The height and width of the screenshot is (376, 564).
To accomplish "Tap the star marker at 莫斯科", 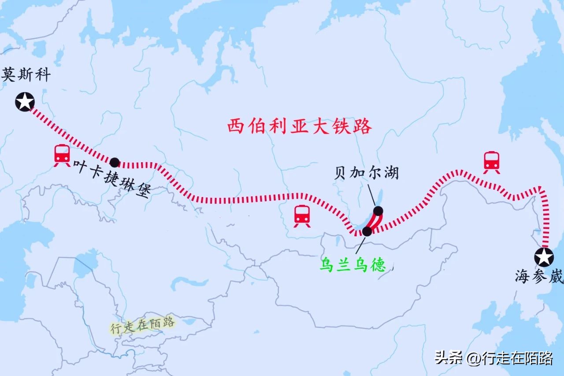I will tap(25, 102).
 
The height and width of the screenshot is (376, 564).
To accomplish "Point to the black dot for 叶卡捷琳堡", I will tap(115, 162).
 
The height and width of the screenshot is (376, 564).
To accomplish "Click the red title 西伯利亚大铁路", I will tap(300, 127).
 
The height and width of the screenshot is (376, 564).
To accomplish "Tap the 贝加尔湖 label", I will tap(366, 172).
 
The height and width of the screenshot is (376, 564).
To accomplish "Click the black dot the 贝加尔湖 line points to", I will tap(378, 211).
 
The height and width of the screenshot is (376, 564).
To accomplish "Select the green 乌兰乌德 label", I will tap(352, 264).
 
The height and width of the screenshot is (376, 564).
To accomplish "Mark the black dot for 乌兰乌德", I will tap(367, 231).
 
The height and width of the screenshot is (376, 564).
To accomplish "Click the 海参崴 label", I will tap(539, 277).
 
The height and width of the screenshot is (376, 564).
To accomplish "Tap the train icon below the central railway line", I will tap(302, 216).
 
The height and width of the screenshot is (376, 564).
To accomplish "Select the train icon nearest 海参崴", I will tap(491, 162).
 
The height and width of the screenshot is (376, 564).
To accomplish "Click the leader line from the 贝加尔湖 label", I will tap(371, 195).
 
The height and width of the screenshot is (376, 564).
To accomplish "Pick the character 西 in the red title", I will tap(235, 127).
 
